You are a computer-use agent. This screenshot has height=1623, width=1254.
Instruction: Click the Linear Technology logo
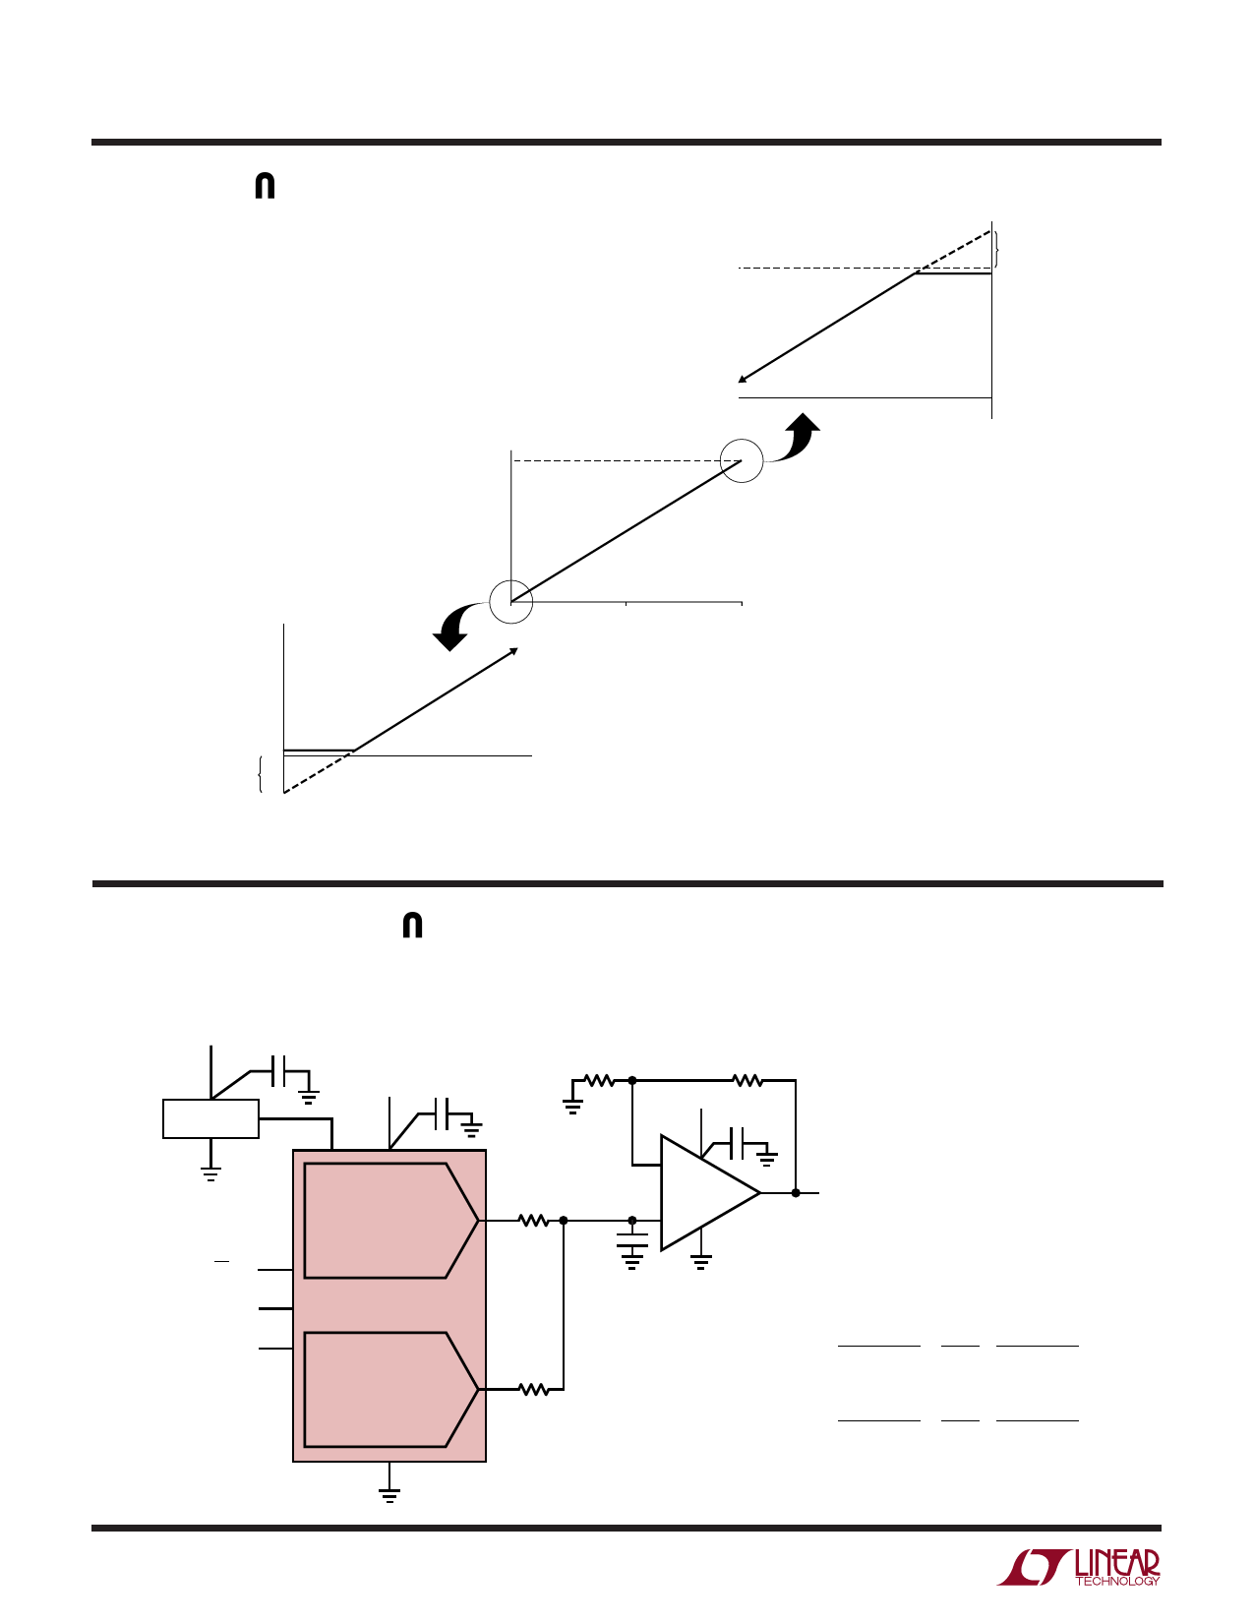point(1078,1566)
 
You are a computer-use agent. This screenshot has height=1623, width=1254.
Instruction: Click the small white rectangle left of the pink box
point(210,1118)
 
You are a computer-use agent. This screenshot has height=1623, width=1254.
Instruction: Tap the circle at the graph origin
point(510,601)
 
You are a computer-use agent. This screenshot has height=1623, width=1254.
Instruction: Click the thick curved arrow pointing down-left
point(455,626)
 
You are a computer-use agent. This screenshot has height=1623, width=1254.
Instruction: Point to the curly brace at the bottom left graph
point(260,774)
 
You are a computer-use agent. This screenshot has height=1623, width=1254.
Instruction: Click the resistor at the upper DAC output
point(533,1221)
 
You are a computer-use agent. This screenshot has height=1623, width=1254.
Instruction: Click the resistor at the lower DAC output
point(533,1389)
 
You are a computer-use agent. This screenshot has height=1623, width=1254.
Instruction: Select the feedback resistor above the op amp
point(746,1080)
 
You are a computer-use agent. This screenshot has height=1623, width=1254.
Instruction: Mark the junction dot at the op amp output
point(796,1193)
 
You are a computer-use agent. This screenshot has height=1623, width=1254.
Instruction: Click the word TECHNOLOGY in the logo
point(1117,1581)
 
